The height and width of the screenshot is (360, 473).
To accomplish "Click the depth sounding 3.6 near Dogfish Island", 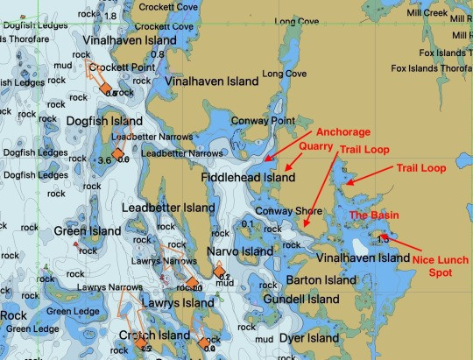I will coord(104,160).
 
